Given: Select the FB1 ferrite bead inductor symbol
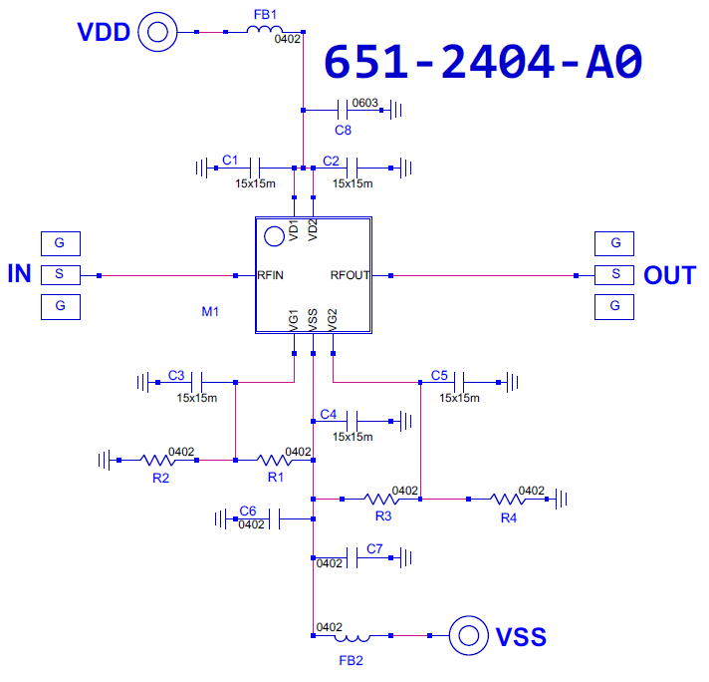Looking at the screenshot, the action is tap(265, 29).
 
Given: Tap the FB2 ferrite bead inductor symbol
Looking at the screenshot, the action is tap(353, 638).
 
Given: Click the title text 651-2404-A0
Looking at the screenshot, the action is tap(483, 62).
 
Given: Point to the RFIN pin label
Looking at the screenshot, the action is tap(271, 275).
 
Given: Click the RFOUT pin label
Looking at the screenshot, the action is tap(350, 275).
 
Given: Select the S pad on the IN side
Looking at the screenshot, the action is tap(61, 275).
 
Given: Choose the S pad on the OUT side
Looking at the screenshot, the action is tap(614, 275).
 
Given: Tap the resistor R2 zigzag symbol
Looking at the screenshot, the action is tap(157, 460).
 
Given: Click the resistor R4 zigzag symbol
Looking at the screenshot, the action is tap(508, 500).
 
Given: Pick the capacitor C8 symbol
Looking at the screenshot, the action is tap(343, 110).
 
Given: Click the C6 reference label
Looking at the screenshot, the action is tap(248, 511).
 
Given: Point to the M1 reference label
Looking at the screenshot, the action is tap(210, 311).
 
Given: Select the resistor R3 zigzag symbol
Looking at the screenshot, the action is tap(381, 500).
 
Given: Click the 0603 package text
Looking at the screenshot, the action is tap(364, 103).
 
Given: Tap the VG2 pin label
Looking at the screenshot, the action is tap(333, 320).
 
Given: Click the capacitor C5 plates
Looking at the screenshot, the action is tap(459, 382).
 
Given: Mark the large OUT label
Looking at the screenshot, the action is tap(670, 275).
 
